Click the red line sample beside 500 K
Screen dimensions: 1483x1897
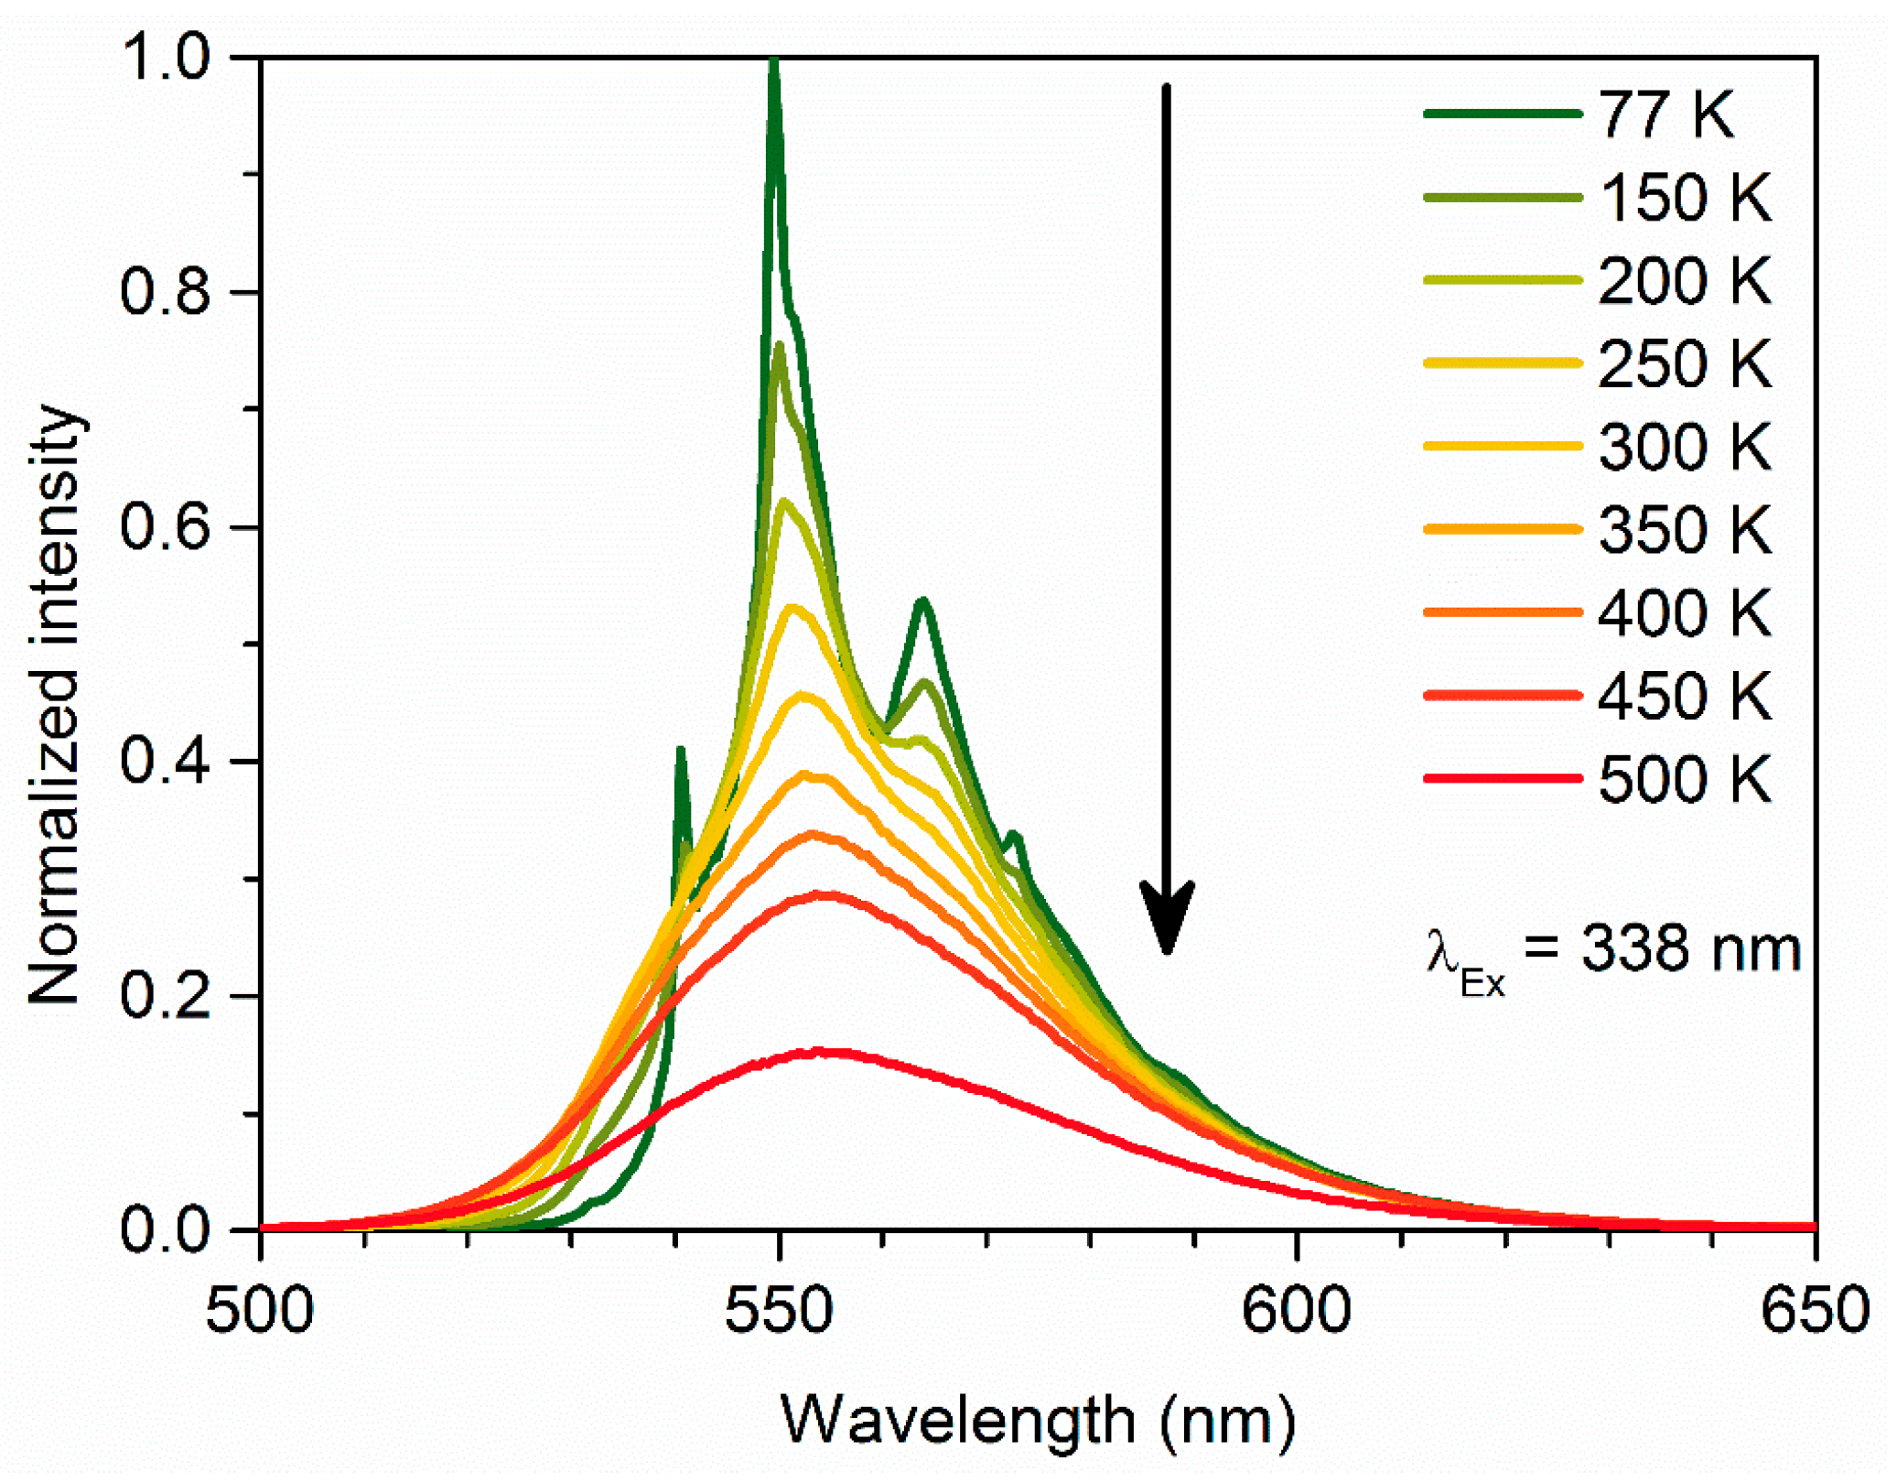1501,779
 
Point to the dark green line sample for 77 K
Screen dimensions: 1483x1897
1501,114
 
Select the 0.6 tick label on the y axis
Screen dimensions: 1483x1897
165,527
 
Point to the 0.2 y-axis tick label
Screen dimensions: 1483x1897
165,996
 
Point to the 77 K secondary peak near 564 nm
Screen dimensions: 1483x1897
922,601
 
